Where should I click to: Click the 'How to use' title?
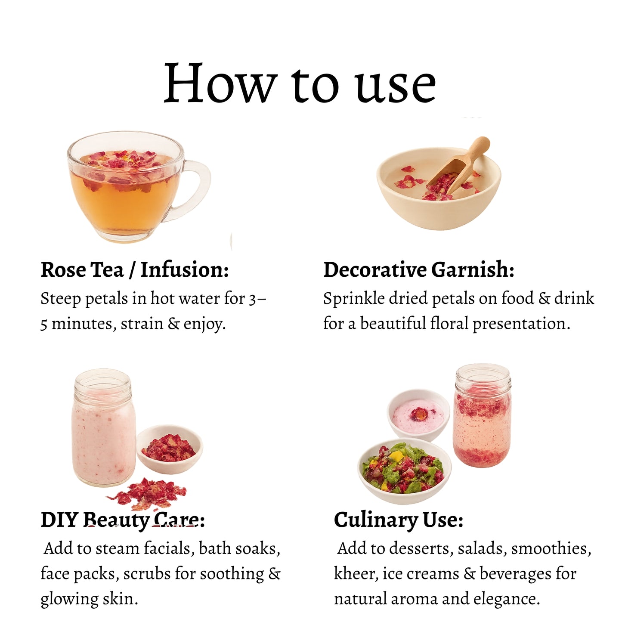pos(300,83)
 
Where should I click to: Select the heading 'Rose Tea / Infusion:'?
pos(135,269)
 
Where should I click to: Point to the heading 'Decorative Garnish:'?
pos(419,269)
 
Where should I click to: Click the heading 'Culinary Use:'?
pos(399,520)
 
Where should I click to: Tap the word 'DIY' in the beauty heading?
pos(59,520)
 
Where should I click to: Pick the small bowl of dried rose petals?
pos(170,449)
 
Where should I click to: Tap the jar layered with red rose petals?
pos(482,415)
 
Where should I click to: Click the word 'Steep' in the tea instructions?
pos(61,299)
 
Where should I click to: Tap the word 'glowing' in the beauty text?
pos(69,600)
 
